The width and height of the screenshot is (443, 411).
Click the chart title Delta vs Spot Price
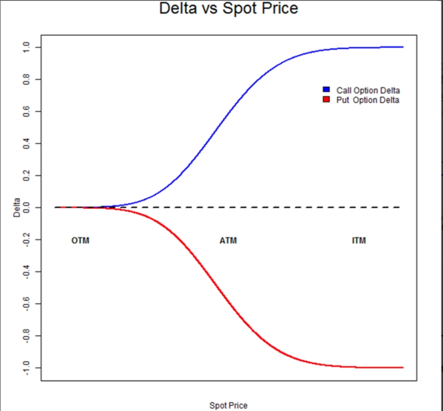tap(228, 9)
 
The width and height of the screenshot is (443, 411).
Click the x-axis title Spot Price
tap(228, 405)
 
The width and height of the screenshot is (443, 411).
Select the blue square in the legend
tap(327, 89)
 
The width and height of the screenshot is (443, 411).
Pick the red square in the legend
tap(327, 100)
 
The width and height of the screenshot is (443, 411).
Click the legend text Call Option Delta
tap(368, 90)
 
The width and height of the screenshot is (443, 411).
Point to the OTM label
tap(80, 241)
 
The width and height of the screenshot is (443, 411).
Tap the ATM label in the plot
tap(228, 241)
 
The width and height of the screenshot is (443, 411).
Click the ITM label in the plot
tap(359, 241)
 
